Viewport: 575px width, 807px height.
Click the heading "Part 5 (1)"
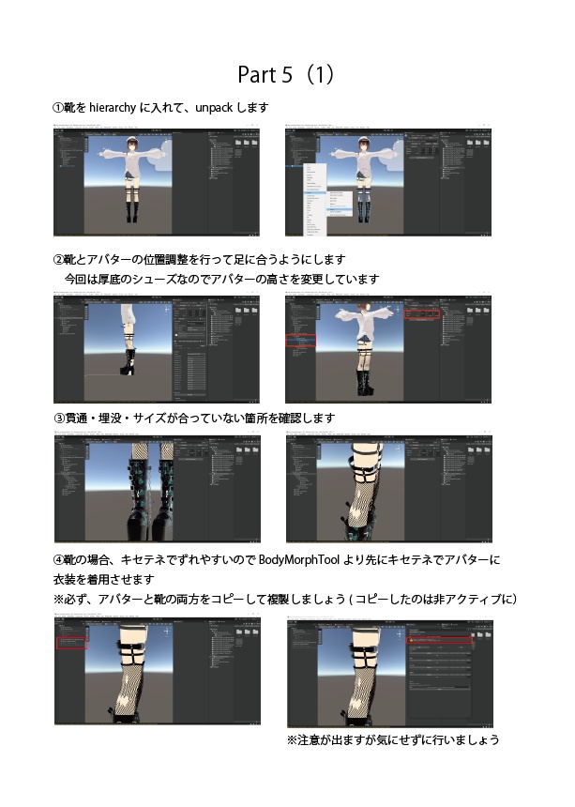click(x=286, y=75)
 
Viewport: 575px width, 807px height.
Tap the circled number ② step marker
click(x=57, y=259)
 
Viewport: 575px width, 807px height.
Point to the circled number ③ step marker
click(x=57, y=418)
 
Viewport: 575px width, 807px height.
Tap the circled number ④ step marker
click(x=57, y=560)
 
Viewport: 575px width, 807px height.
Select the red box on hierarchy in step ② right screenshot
click(x=301, y=342)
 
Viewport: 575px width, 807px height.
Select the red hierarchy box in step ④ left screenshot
click(x=72, y=643)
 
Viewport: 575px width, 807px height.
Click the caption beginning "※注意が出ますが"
click(x=392, y=740)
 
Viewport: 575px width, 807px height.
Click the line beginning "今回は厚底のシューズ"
click(x=220, y=280)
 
